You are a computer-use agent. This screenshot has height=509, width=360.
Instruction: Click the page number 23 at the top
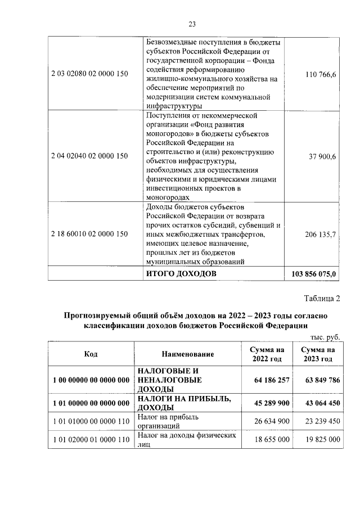(x=191, y=24)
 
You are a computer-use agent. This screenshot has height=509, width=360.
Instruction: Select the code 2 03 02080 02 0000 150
(x=90, y=74)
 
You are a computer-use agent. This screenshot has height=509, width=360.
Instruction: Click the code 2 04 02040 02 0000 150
(x=90, y=156)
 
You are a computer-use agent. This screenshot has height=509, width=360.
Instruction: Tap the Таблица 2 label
(x=322, y=298)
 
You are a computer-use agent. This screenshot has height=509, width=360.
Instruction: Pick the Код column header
(x=91, y=354)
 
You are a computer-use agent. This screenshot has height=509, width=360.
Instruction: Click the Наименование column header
(x=188, y=354)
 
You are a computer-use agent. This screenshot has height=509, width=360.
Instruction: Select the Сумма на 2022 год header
(x=267, y=354)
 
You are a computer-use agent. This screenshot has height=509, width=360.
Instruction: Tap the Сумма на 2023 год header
(x=317, y=354)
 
